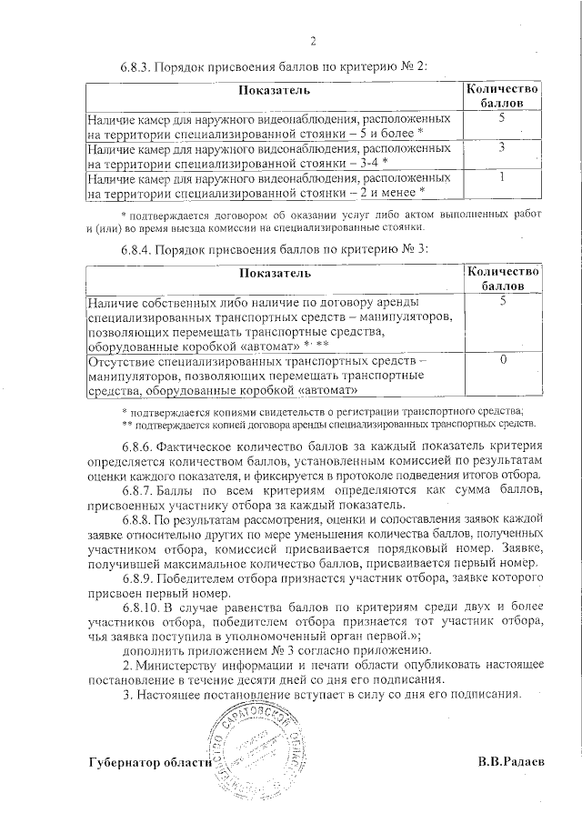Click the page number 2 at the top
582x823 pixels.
313,41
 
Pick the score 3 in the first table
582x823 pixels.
502,147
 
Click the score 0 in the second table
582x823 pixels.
502,361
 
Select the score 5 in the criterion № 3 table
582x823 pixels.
502,301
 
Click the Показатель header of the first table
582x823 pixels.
275,91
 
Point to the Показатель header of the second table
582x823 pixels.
275,273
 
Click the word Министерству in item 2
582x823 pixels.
178,665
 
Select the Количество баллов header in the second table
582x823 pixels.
502,278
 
